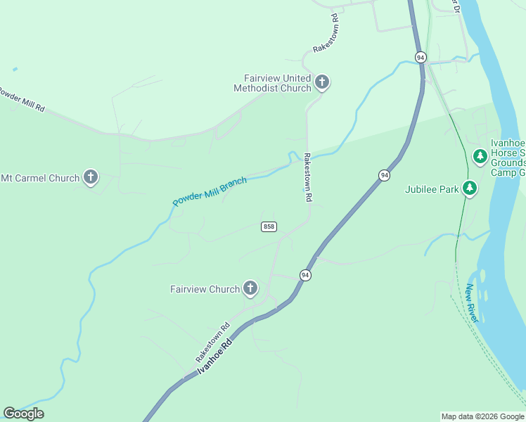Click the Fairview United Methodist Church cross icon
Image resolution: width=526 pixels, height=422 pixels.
coord(322,82)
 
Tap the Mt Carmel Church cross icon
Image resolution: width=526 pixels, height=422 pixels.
coord(90,178)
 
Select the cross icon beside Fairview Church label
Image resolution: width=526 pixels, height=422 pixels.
coord(250,288)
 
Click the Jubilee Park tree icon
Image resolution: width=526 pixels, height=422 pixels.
coord(470,188)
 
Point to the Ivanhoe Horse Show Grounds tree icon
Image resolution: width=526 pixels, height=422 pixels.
coord(480,155)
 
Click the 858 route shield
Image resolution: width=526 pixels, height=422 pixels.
coord(269,226)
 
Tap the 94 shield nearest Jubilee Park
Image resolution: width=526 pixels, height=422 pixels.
coord(384,175)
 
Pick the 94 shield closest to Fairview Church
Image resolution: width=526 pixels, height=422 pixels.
coord(305,275)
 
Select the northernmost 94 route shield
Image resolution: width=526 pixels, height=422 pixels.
coord(421,57)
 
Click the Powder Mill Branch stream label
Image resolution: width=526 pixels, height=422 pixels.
coord(210,192)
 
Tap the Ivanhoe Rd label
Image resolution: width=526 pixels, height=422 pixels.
coord(215,357)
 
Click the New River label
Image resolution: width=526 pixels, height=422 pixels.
coord(472,303)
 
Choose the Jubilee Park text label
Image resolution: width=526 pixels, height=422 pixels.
coord(431,189)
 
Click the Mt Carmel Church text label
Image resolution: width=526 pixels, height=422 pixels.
coord(39,178)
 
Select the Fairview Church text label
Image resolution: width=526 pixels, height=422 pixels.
coord(205,289)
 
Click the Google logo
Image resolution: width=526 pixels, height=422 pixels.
coord(23,413)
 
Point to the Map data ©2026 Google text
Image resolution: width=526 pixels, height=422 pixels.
coord(483,416)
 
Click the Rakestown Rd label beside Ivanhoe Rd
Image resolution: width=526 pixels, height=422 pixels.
coord(213,343)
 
